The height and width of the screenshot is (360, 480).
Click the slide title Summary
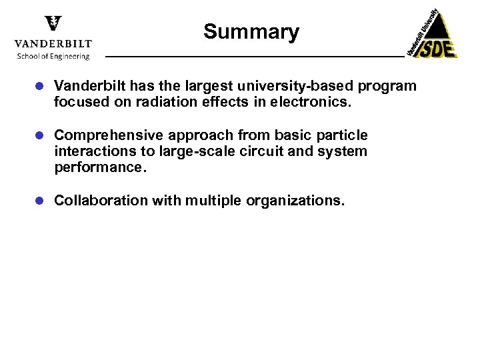251,31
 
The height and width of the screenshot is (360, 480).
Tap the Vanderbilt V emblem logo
53,25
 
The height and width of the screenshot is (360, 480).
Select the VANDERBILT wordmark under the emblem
53,43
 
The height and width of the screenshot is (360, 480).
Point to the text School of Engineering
53,56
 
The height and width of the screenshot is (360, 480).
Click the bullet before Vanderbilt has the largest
41,87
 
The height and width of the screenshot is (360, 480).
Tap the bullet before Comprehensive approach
41,136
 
